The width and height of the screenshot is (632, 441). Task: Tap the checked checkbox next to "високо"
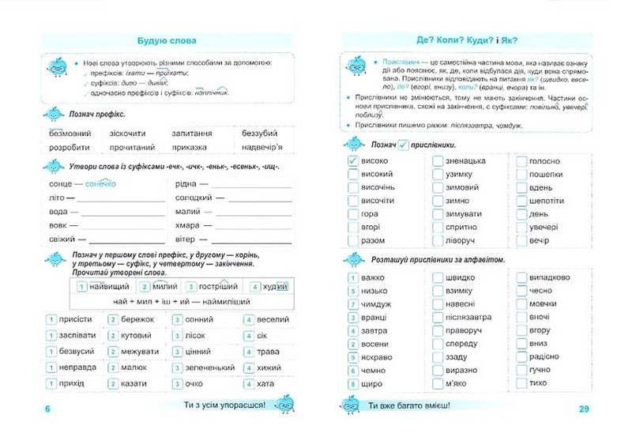pyautogui.click(x=353, y=160)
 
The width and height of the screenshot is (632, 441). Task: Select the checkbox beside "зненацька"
pyautogui.click(x=438, y=160)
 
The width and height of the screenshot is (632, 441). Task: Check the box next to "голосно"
pyautogui.click(x=521, y=160)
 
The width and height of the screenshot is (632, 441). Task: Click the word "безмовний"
pyautogui.click(x=70, y=134)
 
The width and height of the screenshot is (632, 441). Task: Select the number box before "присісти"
pyautogui.click(x=50, y=319)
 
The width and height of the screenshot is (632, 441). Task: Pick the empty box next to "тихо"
pyautogui.click(x=521, y=383)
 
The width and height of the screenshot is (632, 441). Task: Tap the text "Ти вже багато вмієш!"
pyautogui.click(x=409, y=406)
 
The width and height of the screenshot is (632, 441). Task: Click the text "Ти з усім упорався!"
pyautogui.click(x=224, y=405)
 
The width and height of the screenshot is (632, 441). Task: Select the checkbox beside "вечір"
pyautogui.click(x=521, y=239)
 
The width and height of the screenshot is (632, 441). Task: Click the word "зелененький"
pyautogui.click(x=213, y=367)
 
